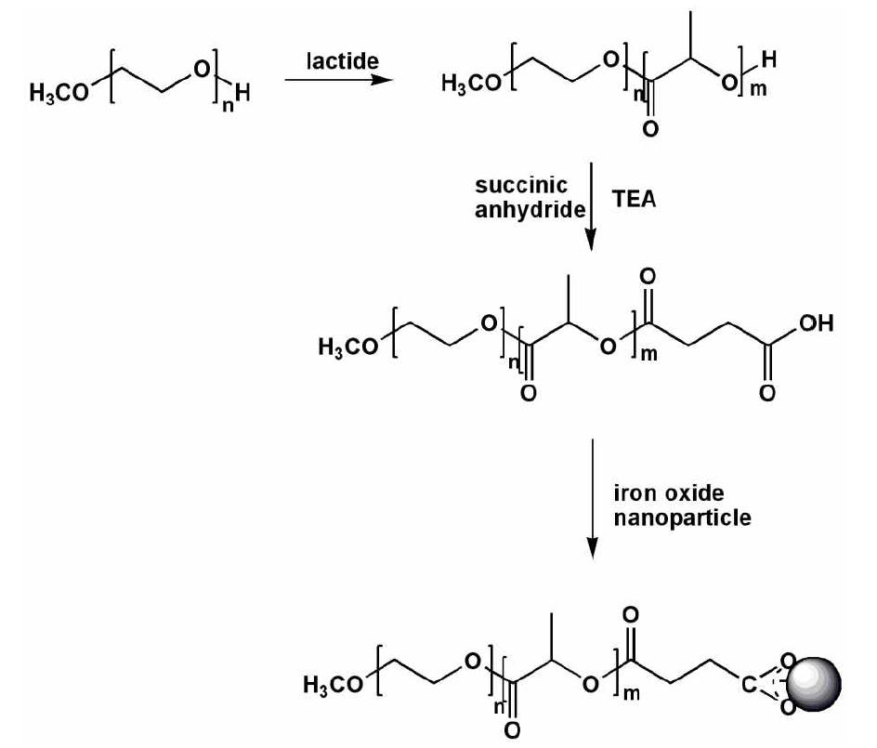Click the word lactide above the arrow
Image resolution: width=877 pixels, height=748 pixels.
point(342,60)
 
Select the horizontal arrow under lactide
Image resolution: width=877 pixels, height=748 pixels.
point(339,79)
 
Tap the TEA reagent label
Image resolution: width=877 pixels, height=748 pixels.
point(634,199)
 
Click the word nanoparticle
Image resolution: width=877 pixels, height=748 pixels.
point(682,518)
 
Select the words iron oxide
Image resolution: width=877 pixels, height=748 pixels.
point(669,492)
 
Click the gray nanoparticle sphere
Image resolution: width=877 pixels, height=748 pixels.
point(814,684)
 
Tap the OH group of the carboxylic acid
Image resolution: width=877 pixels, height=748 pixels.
point(816,322)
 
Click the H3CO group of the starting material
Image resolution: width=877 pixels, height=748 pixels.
point(59,93)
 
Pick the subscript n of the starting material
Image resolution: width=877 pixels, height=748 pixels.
point(228,105)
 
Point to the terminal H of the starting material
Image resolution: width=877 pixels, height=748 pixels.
point(242,92)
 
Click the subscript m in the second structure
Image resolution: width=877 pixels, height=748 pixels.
point(758,89)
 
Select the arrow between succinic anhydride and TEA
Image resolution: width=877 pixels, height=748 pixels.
point(591,207)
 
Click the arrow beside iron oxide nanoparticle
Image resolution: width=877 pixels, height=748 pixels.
point(593,498)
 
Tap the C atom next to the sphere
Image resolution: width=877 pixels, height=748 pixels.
point(749,684)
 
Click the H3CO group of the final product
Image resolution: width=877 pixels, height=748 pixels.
point(333,684)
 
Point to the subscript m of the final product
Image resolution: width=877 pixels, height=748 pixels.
point(632,694)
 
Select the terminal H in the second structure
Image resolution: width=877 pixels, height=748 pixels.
point(769,59)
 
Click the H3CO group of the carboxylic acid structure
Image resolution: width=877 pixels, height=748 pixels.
point(348,347)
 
